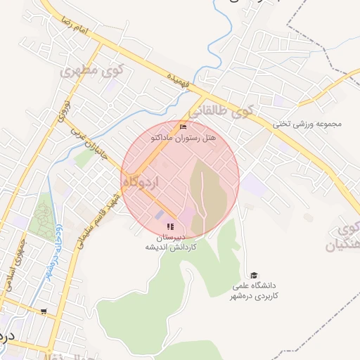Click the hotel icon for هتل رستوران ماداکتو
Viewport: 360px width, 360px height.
pyautogui.click(x=184, y=127)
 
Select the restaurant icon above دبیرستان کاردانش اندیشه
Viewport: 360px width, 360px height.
pyautogui.click(x=170, y=226)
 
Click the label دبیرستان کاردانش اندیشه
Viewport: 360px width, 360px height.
pyautogui.click(x=170, y=243)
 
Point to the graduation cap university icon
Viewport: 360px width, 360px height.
pyautogui.click(x=254, y=275)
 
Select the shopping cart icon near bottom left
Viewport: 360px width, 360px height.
pyautogui.click(x=44, y=311)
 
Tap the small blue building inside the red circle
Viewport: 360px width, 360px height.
pyautogui.click(x=159, y=214)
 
